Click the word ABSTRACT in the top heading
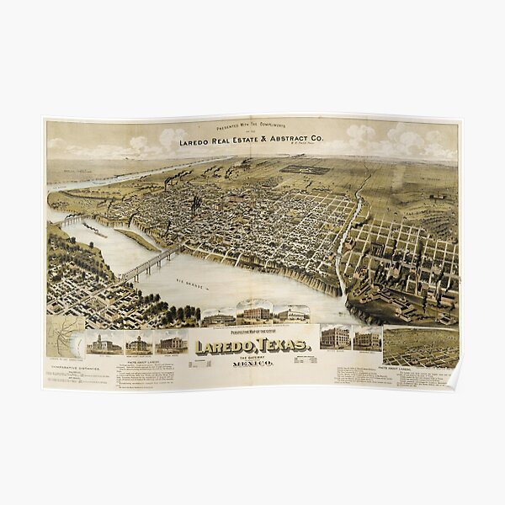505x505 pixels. click(291, 141)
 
